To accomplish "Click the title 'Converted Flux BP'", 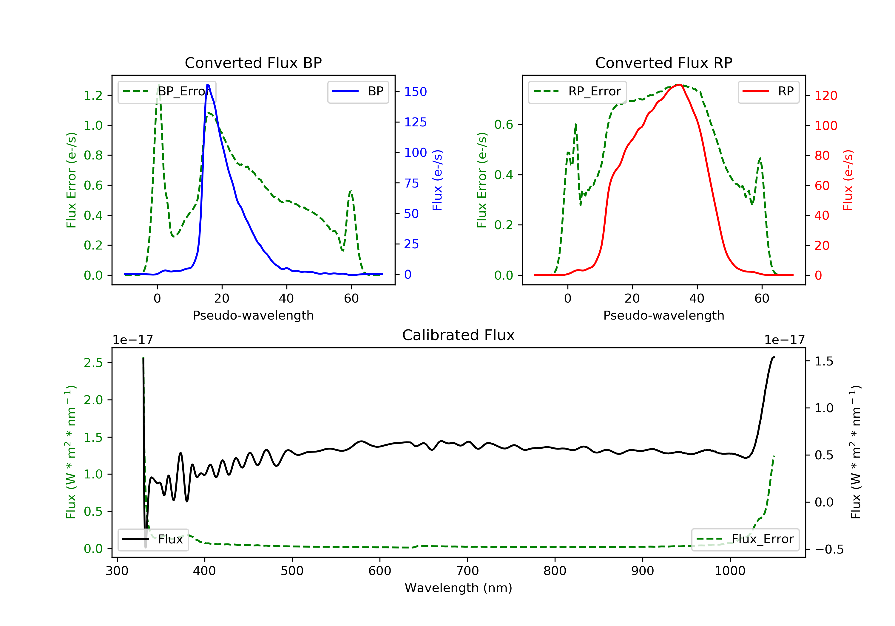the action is coord(253,63).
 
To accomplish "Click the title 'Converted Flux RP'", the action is coord(663,63).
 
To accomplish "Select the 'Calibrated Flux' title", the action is coord(459,335).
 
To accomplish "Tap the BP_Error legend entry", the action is coord(167,92).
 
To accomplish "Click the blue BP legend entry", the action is coord(358,92).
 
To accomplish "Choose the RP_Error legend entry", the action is coord(577,92).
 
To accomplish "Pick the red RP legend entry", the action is coord(768,92).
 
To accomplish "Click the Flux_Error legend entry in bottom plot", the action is coord(745,539).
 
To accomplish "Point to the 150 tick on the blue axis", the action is coord(415,92).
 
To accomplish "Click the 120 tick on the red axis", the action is coord(825,96).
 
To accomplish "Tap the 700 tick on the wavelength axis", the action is coord(467,571).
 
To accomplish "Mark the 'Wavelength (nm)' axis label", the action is coord(459,588).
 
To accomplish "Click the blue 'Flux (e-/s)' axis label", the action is coord(437,180).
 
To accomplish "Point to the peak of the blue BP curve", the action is coord(208,85).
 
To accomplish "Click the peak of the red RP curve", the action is coord(679,85).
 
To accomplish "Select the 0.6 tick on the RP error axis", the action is coord(504,125).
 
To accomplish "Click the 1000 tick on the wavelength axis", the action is coord(730,571).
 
